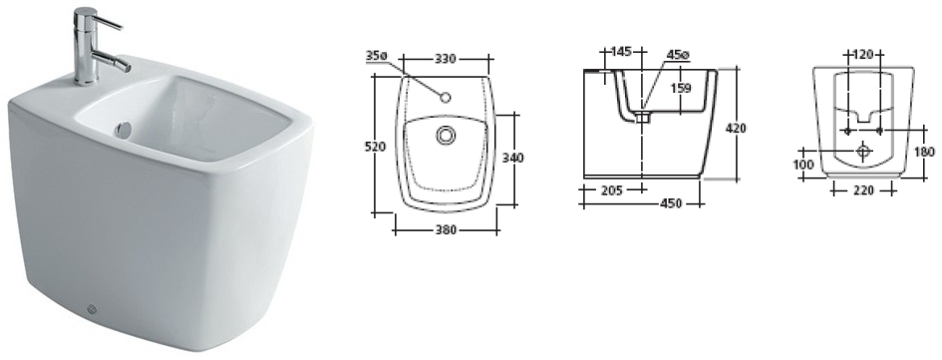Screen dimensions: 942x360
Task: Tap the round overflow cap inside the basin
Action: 125,130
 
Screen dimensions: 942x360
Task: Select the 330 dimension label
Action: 447,59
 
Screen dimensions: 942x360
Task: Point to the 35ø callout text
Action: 377,55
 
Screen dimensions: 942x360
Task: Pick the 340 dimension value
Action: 512,158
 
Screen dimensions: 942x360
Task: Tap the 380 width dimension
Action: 446,229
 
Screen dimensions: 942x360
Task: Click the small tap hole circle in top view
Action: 446,98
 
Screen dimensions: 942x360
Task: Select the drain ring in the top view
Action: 446,136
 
